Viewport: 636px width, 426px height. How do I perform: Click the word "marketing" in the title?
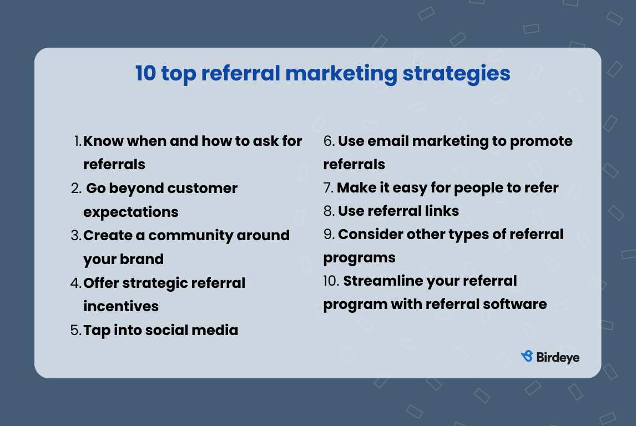pos(339,74)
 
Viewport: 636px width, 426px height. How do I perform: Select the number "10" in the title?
pos(146,74)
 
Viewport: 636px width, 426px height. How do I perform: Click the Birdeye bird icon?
pos(527,357)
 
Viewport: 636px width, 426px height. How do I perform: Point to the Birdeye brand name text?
pos(558,357)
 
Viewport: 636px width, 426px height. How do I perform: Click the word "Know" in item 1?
pos(103,141)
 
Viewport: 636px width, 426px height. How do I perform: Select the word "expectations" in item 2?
pos(131,212)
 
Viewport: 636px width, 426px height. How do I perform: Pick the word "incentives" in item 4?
pos(121,306)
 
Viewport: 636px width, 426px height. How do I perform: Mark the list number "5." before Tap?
pos(76,331)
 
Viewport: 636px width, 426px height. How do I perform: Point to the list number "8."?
pos(329,211)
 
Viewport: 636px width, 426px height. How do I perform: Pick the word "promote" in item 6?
pos(541,141)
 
